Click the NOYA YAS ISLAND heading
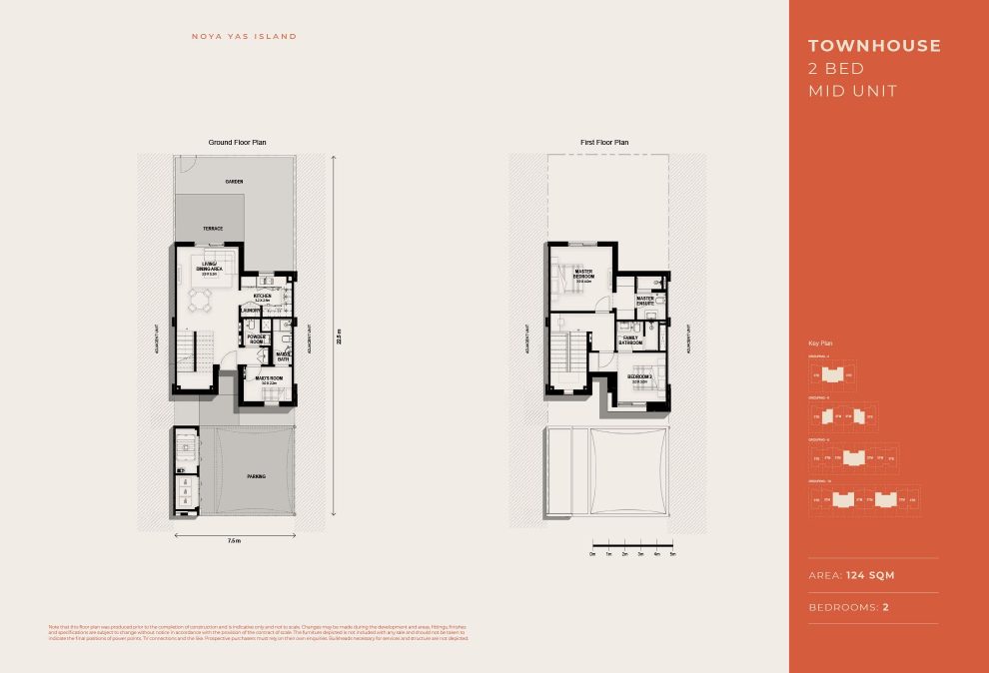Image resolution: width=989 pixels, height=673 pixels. coord(244,37)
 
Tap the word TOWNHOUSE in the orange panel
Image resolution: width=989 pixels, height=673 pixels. coord(874,46)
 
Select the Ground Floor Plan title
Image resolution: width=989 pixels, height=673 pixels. coord(237,143)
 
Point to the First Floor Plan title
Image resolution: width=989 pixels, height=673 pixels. coord(604,143)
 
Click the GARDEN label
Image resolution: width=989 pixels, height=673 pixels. coord(234,182)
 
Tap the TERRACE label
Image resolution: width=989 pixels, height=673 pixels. coord(213,229)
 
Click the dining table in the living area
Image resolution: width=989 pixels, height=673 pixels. coord(203,299)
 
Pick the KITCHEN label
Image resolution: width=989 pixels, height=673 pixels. coord(263,297)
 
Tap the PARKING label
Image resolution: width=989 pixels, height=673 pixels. coord(257,476)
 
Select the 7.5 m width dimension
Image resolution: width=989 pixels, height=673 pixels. coord(234,540)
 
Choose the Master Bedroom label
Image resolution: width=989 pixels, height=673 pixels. coord(583,273)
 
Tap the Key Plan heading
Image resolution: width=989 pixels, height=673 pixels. coord(819,342)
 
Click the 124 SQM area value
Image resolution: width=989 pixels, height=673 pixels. coord(870,576)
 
